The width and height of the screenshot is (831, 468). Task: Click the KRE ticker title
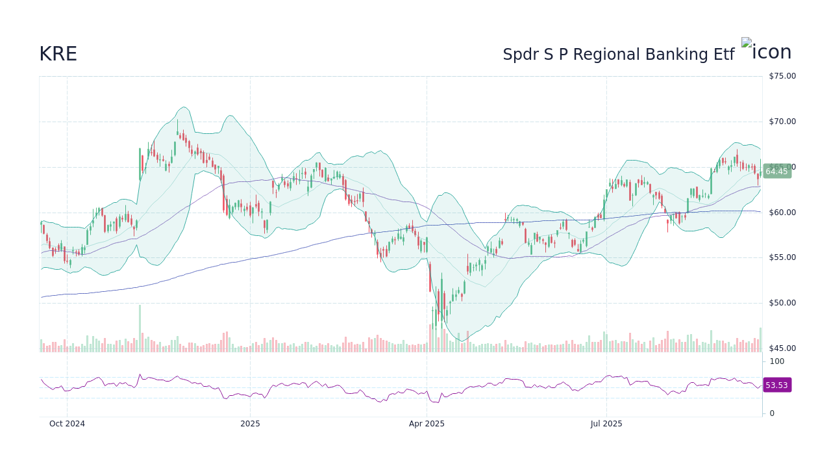[x=58, y=55]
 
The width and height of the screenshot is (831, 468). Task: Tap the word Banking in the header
[x=675, y=55]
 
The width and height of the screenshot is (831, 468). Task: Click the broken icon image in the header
[x=746, y=43]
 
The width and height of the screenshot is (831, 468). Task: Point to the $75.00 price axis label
[x=782, y=76]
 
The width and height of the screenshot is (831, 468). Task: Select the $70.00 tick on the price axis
[x=782, y=122]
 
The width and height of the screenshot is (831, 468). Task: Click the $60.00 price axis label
[x=782, y=213]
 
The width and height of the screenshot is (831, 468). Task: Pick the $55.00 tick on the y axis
[x=782, y=257]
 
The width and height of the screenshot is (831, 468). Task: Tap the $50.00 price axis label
[x=782, y=303]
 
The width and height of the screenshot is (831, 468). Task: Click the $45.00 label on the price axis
[x=782, y=348]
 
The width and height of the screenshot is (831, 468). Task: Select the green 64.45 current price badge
[x=776, y=172]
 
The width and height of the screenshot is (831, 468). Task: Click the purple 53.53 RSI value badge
[x=776, y=385]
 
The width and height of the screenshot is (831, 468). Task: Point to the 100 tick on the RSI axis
[x=777, y=361]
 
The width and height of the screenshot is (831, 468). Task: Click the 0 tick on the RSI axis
[x=772, y=413]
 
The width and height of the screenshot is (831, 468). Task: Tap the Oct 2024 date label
[x=67, y=424]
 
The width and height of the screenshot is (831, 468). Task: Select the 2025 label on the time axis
[x=250, y=424]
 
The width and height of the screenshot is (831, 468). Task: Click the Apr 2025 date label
[x=427, y=424]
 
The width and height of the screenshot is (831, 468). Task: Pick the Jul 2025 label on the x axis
[x=606, y=424]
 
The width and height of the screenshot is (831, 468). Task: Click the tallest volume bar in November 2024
[x=140, y=328]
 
